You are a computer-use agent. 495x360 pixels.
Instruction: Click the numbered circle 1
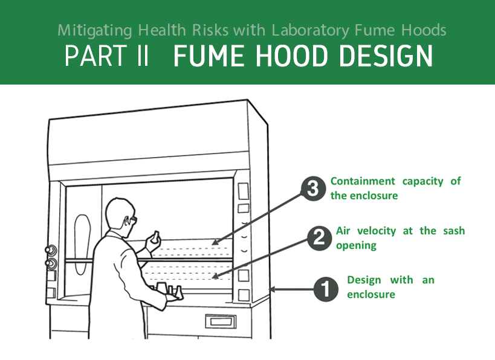(x=326, y=289)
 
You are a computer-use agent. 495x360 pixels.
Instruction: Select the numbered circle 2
(x=319, y=238)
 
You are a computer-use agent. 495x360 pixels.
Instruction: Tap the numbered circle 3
(x=313, y=188)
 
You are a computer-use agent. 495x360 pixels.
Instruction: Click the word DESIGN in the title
(x=386, y=56)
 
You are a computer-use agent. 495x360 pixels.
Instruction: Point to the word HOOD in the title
(x=292, y=56)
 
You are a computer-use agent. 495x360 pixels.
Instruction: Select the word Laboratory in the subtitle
(x=311, y=31)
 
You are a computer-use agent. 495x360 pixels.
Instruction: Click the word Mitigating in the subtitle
(x=95, y=31)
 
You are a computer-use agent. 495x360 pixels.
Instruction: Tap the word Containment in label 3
(x=363, y=181)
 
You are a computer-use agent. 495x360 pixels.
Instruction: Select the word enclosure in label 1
(x=371, y=294)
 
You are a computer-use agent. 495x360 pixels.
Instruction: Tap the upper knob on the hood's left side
(x=51, y=251)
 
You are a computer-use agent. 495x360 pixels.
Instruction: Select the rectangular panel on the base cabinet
(x=221, y=321)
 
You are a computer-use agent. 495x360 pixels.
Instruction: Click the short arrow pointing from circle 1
(x=291, y=289)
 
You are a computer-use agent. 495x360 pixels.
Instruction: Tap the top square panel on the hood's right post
(x=243, y=191)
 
